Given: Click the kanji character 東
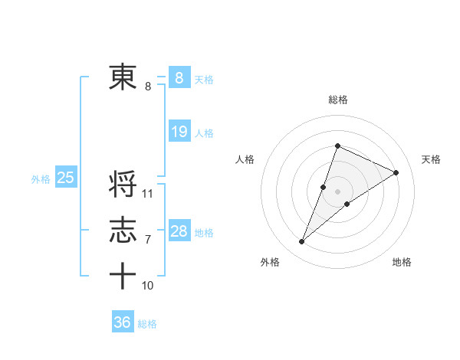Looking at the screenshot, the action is click(123, 77).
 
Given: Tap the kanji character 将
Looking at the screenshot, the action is click(123, 185).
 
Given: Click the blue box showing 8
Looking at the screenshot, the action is click(179, 77).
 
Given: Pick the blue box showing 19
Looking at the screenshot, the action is click(179, 132).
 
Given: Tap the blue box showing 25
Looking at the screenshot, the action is click(65, 178).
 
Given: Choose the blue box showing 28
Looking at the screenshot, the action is click(179, 231).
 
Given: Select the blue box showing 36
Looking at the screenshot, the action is click(122, 322).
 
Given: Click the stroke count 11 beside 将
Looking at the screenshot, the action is click(148, 194).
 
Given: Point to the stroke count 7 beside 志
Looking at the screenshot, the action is click(148, 240).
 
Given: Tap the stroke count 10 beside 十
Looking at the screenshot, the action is click(148, 286).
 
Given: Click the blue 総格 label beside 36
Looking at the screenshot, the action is click(147, 324).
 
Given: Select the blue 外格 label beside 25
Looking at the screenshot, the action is click(41, 179).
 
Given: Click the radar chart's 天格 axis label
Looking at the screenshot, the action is click(431, 159).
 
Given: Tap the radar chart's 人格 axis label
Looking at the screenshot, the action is click(245, 159).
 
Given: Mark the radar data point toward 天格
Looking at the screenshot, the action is click(396, 172).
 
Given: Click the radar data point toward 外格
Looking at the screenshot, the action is click(302, 242).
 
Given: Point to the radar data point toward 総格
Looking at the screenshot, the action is click(337, 146).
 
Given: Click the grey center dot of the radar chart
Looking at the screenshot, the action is click(337, 191).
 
